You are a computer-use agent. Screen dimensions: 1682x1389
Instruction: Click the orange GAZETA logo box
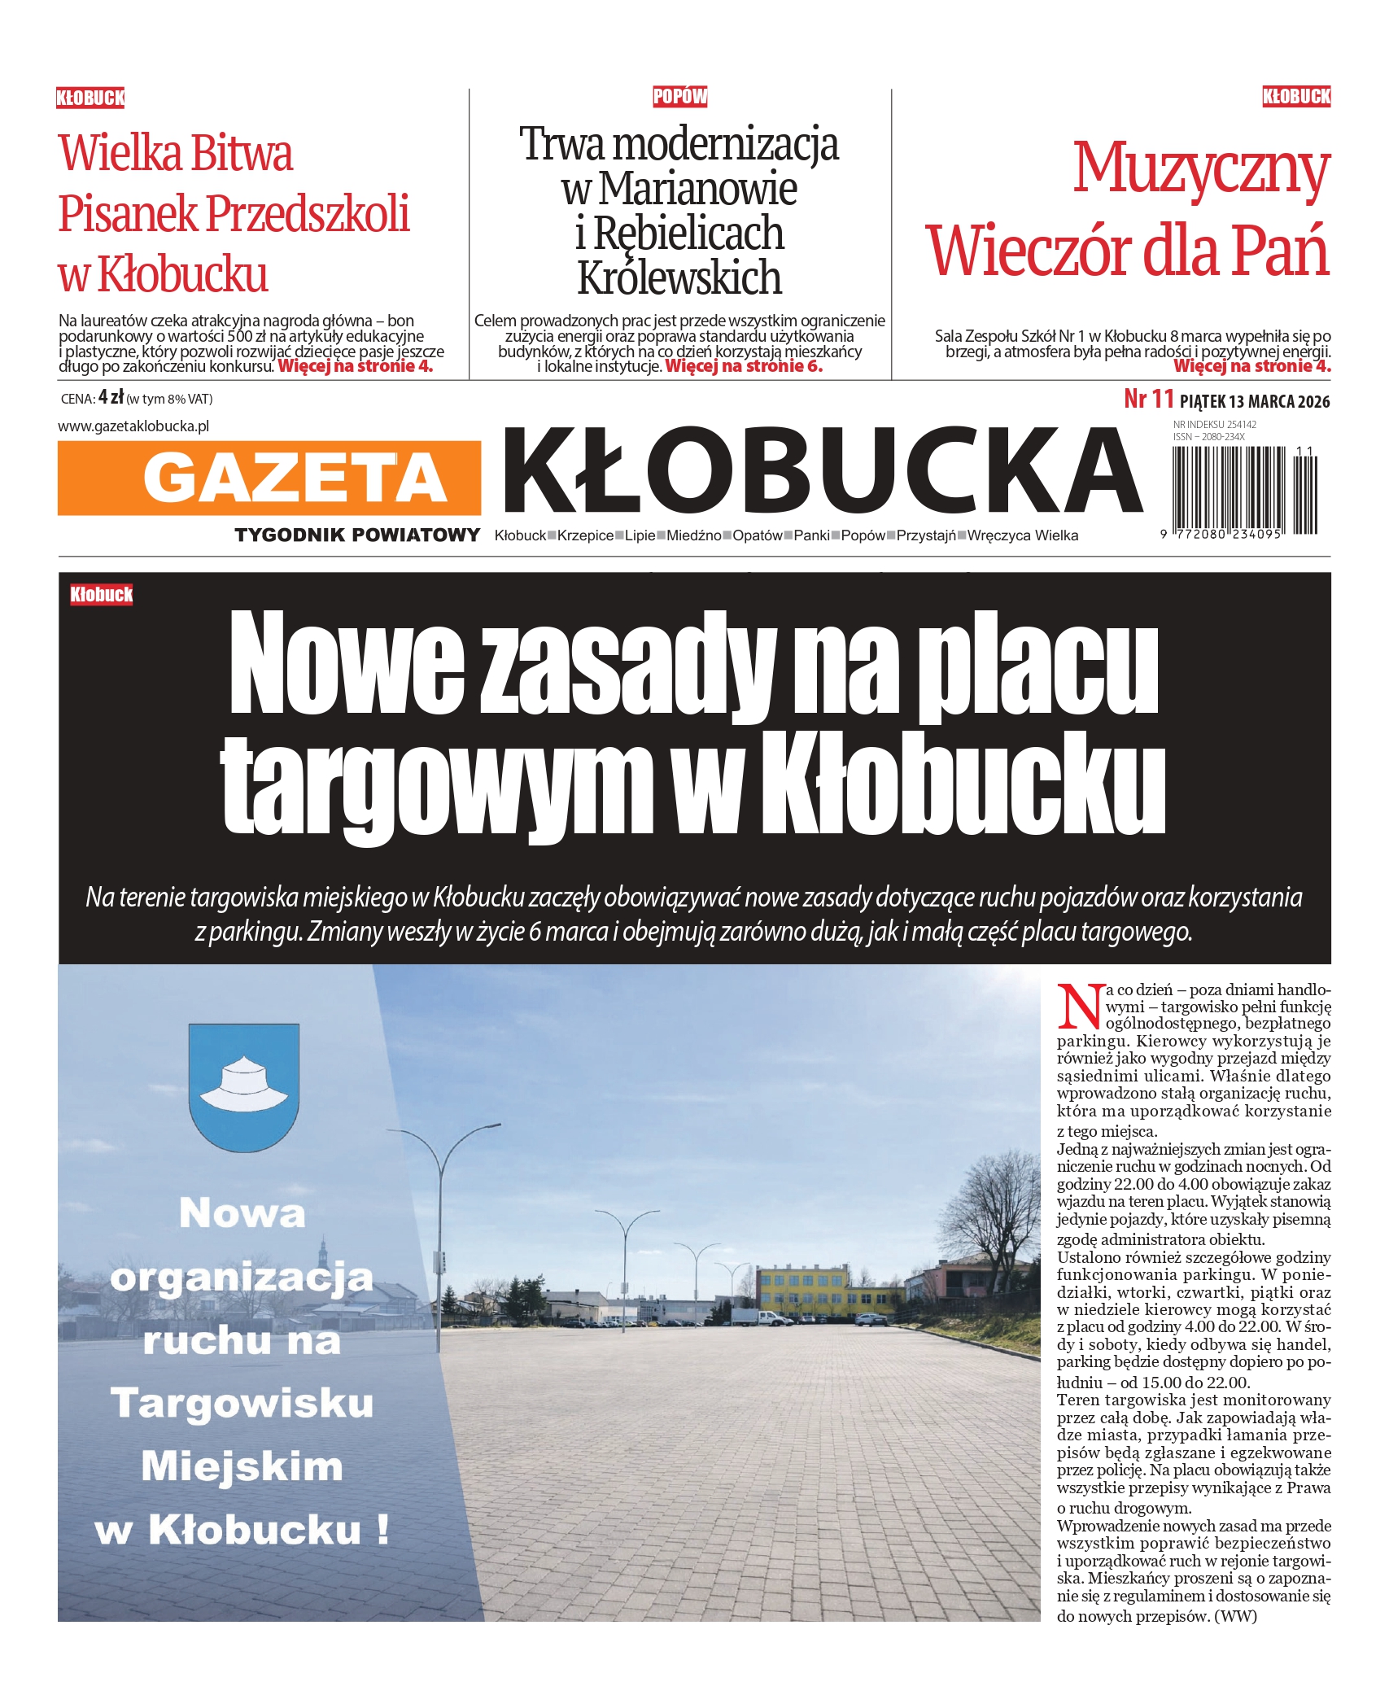point(269,478)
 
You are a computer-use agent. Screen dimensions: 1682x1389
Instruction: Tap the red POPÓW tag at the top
point(679,97)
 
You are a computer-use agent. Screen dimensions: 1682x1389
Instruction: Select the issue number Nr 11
point(1148,400)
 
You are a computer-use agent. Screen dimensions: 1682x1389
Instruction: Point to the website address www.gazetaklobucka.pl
point(133,426)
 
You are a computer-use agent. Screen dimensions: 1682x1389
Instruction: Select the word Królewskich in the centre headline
point(679,277)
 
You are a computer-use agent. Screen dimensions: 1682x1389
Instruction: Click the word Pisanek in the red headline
point(128,214)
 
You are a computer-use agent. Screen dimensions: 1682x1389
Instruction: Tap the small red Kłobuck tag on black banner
point(101,595)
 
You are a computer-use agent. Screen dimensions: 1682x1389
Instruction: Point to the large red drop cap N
point(1080,1007)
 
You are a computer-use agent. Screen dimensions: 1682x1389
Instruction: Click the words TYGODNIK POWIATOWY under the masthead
point(357,535)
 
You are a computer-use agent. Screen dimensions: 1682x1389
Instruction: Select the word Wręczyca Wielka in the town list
point(1023,535)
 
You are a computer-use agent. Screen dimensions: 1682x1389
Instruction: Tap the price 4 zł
point(111,398)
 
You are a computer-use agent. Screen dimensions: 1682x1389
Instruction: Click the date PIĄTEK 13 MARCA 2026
point(1254,401)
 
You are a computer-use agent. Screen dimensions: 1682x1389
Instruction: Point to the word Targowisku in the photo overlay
point(242,1401)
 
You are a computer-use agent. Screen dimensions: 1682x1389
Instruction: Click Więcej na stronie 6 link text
point(744,366)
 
